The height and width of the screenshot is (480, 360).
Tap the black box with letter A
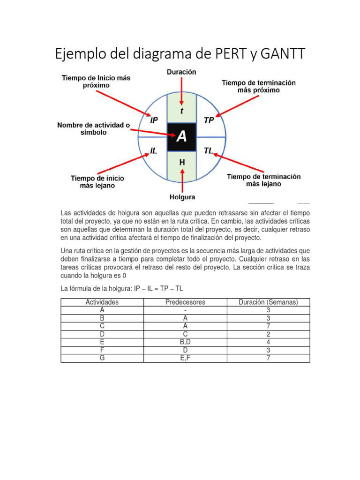[x=181, y=137]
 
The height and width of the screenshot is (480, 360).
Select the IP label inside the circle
[x=154, y=120]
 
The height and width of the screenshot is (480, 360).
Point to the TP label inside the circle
[x=209, y=120]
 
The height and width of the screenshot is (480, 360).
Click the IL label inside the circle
[x=154, y=151]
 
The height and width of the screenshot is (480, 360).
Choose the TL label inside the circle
[x=209, y=151]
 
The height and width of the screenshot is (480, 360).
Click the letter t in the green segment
[x=182, y=111]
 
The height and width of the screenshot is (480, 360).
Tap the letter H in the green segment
[x=182, y=162]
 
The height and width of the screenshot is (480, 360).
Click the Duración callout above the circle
[x=181, y=72]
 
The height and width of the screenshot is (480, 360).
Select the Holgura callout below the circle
[x=182, y=197]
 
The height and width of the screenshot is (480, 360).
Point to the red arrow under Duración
[x=182, y=89]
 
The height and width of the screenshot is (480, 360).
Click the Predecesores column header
[x=185, y=302]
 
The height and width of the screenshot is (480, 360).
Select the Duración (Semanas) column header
[x=268, y=302]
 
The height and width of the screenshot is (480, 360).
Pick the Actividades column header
[x=102, y=302]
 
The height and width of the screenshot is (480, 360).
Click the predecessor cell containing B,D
[x=185, y=342]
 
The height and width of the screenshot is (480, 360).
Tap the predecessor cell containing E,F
[x=185, y=358]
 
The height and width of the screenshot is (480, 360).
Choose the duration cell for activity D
[x=268, y=334]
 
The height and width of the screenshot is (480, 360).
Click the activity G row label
[x=102, y=358]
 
